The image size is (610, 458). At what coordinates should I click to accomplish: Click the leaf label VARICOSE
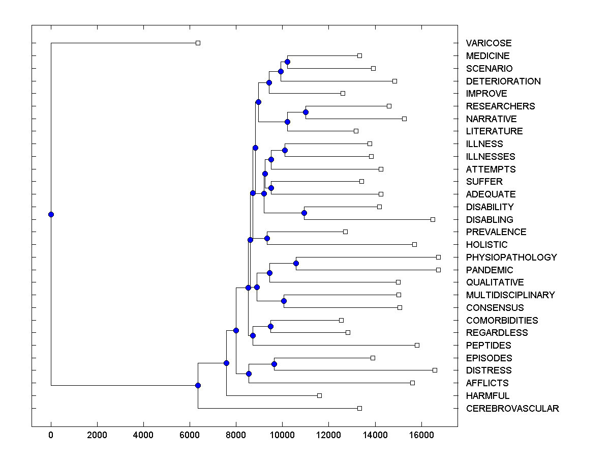pos(489,43)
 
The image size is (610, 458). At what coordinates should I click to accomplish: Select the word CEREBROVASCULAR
pos(512,409)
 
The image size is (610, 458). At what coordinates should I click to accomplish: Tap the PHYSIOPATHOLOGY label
pos(511,257)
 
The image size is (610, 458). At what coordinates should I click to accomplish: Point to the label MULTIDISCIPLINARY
pos(510,295)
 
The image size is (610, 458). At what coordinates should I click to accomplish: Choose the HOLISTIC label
pos(486,245)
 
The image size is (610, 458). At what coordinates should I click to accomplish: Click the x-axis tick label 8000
pos(236,435)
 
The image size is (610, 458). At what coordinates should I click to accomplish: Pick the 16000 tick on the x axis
pos(421,435)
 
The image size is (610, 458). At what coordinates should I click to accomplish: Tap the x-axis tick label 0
pos(51,435)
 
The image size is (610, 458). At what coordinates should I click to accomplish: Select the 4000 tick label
pos(143,435)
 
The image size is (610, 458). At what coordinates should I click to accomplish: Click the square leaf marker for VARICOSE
pos(198,43)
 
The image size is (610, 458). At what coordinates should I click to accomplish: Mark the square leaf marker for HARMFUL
pos(319,395)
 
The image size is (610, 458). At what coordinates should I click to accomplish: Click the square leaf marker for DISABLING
pos(433,219)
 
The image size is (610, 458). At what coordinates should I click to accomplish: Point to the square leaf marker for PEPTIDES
pos(417,345)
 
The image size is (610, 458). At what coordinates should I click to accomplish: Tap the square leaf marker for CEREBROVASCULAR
pos(359,408)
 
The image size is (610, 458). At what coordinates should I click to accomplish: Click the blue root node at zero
pos(51,214)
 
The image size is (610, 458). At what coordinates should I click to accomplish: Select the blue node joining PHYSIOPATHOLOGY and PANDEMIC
pos(296,263)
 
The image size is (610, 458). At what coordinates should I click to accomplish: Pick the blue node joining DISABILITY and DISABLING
pos(304,213)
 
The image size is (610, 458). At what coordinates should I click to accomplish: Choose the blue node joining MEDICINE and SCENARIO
pos(287,62)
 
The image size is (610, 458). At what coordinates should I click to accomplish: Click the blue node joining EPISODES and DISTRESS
pos(274,364)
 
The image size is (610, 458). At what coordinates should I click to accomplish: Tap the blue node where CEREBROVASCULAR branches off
pos(198,386)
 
